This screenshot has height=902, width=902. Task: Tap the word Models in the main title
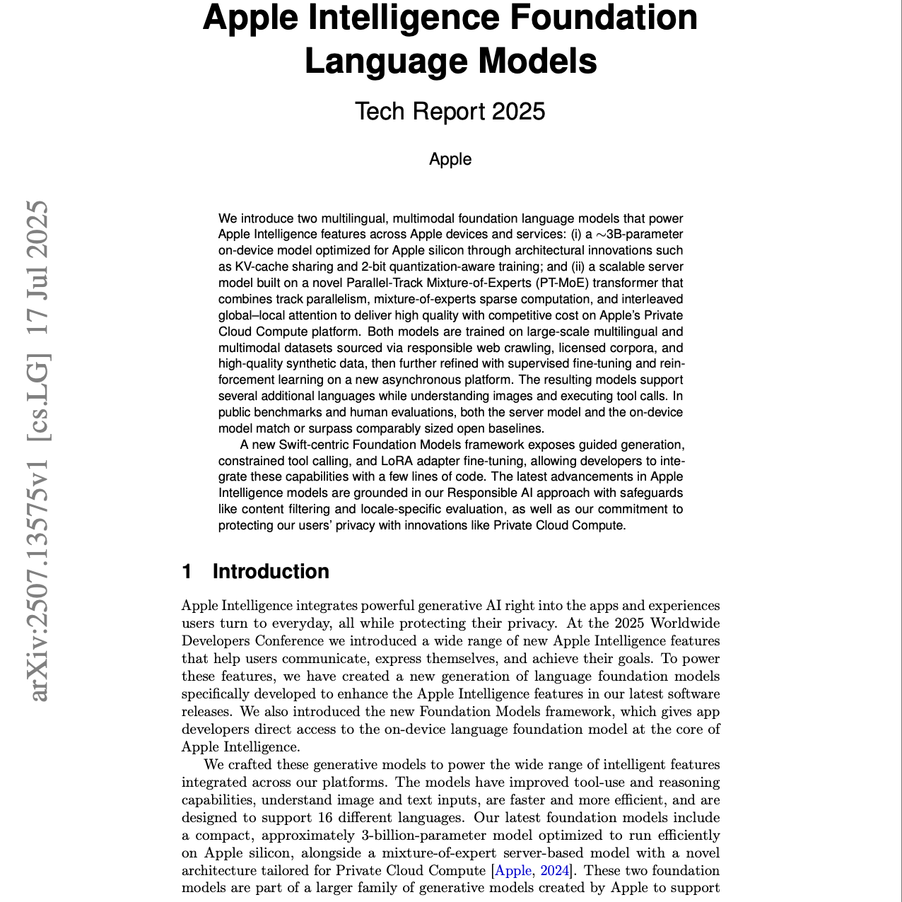point(538,61)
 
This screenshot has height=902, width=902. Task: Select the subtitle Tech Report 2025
point(450,112)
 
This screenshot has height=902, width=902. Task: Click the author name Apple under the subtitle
point(450,160)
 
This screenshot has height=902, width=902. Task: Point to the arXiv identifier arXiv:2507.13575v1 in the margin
point(40,580)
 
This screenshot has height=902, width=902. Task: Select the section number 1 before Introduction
point(187,572)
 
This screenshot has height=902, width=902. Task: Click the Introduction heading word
point(271,572)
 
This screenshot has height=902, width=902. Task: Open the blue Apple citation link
point(513,871)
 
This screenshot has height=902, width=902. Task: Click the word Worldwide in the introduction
point(685,623)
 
